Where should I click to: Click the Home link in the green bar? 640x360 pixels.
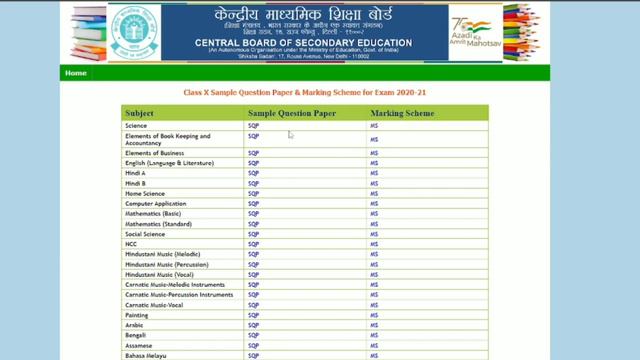tap(76, 73)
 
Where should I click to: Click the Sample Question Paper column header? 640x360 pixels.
tap(292, 114)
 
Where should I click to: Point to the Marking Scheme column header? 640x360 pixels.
tap(402, 114)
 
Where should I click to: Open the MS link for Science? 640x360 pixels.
tap(374, 126)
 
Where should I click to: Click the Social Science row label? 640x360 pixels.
tap(146, 234)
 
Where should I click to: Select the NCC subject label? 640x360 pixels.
tap(132, 244)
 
